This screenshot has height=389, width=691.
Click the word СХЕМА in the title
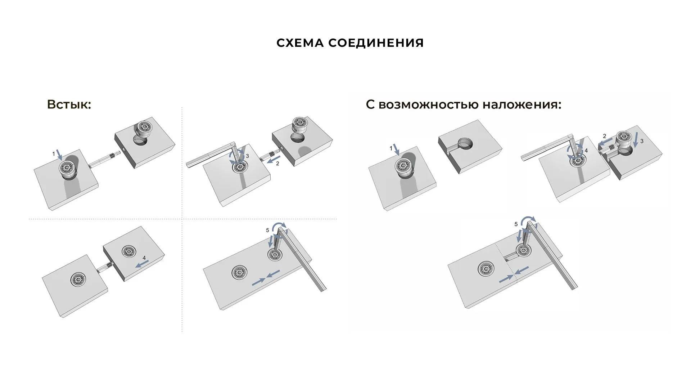tap(300, 43)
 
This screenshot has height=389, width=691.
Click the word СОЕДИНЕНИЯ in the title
tap(376, 43)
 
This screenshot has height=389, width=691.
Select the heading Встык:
tap(69, 104)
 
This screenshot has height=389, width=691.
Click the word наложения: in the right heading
tap(521, 104)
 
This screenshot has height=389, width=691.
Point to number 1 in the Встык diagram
tap(54, 154)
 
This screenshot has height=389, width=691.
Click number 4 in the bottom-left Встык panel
tap(144, 258)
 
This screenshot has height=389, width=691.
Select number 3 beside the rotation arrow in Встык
tap(247, 156)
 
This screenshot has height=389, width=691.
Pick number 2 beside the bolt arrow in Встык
tap(277, 164)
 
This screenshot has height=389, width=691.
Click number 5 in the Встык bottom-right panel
tap(267, 230)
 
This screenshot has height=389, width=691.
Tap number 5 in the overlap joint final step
tap(516, 224)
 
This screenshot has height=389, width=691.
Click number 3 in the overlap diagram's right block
tap(642, 141)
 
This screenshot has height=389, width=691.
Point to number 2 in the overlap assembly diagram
tap(604, 136)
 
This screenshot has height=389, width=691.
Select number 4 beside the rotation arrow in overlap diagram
tap(586, 151)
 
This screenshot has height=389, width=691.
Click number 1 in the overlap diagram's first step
tap(391, 148)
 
